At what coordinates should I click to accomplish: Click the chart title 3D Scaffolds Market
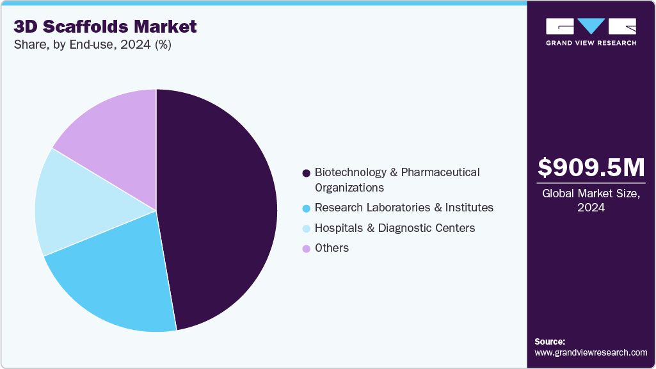point(106,27)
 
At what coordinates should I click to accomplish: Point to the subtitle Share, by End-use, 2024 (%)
point(93,45)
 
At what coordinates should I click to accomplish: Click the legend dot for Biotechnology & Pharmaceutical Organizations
point(307,173)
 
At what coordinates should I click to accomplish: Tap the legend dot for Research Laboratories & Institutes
point(307,208)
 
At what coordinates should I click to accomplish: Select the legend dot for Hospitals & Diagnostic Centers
point(307,229)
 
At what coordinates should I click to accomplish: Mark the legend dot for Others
point(307,249)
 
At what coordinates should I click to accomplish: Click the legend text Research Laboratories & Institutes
point(404,208)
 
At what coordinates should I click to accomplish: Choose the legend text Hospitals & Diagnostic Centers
point(395,228)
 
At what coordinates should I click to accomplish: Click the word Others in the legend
point(332,248)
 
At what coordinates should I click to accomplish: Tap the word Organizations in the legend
point(349,188)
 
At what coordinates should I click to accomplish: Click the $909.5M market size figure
point(591,168)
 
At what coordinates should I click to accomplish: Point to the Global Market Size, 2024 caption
point(591,201)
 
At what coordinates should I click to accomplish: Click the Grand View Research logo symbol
point(591,26)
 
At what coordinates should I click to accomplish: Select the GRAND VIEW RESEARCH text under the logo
point(591,43)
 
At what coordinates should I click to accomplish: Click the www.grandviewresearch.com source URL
point(591,352)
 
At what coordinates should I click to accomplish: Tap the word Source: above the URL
point(550,341)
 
